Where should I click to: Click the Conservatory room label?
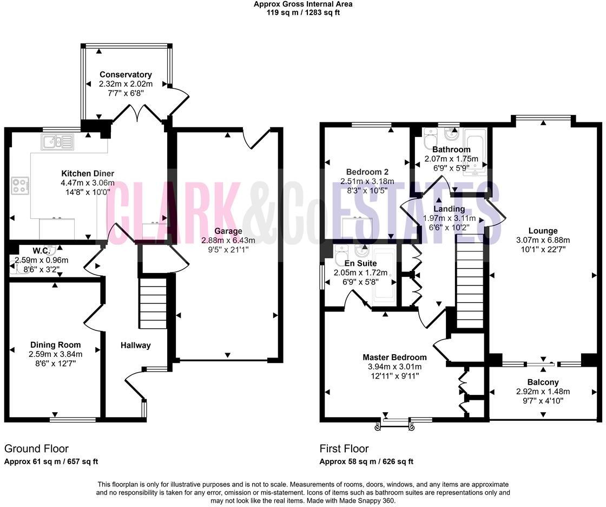[x=126, y=75]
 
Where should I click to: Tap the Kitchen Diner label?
[x=87, y=173]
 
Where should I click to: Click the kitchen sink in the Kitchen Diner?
[x=56, y=143]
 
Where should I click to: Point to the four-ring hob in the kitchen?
[x=20, y=186]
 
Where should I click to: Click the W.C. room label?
[x=41, y=251]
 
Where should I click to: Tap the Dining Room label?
[x=55, y=344]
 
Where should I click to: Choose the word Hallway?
[x=135, y=345]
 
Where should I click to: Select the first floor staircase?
[x=469, y=284]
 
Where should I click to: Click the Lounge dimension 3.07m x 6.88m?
[x=543, y=240]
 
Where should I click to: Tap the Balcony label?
[x=543, y=382]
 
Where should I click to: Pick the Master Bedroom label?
[x=394, y=357]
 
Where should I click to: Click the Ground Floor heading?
[x=36, y=448]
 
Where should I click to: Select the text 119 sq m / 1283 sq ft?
[x=303, y=12]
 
